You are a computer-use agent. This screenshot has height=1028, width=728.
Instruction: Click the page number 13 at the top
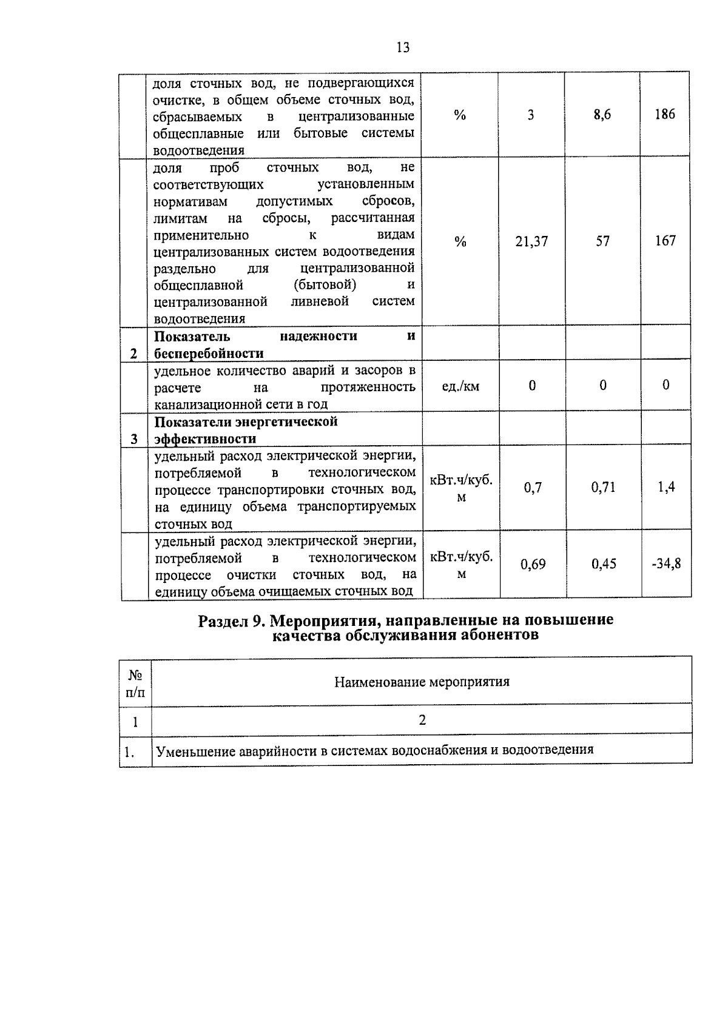point(403,47)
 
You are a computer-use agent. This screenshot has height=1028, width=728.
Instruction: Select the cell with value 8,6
point(602,115)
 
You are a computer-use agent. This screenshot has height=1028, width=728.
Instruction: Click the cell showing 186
point(665,114)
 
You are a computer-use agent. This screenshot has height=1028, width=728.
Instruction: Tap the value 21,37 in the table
point(531,241)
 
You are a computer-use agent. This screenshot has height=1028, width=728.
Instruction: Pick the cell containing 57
point(602,241)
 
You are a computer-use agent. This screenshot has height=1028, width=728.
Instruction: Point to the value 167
point(665,241)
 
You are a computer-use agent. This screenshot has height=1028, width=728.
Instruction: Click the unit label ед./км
point(460,386)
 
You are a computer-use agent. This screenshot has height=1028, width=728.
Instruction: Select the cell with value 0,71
point(603,487)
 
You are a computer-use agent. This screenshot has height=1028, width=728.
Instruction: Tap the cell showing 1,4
point(666,486)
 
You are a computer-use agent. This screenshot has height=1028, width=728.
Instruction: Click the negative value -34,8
point(666,563)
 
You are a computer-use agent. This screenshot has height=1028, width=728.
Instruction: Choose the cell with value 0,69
point(533,565)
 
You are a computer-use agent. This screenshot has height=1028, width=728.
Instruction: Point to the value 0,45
point(604,564)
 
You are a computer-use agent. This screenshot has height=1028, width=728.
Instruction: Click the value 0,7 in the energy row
point(533,488)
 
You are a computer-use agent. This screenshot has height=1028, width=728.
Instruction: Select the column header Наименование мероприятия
point(422,682)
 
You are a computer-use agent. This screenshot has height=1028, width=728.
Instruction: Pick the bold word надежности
point(318,336)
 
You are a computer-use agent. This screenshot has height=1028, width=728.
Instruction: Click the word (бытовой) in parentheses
point(325,284)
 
